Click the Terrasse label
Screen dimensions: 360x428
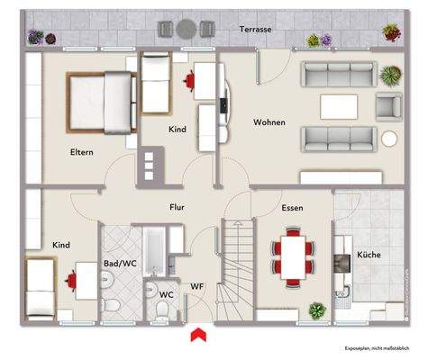click(x=256, y=30)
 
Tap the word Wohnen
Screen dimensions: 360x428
click(x=270, y=122)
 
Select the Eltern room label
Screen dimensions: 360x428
click(x=82, y=152)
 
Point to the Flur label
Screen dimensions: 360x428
click(x=178, y=206)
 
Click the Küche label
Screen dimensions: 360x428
click(x=369, y=255)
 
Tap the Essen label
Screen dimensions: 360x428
click(x=291, y=207)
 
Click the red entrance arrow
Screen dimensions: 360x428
click(x=194, y=336)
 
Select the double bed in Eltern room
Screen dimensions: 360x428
click(x=99, y=99)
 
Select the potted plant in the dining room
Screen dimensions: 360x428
click(x=316, y=310)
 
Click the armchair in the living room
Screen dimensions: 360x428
click(x=387, y=106)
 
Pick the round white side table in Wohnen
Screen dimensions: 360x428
click(x=388, y=139)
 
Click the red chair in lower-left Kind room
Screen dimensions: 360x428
click(x=69, y=281)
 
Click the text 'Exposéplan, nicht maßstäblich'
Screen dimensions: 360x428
click(x=378, y=348)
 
